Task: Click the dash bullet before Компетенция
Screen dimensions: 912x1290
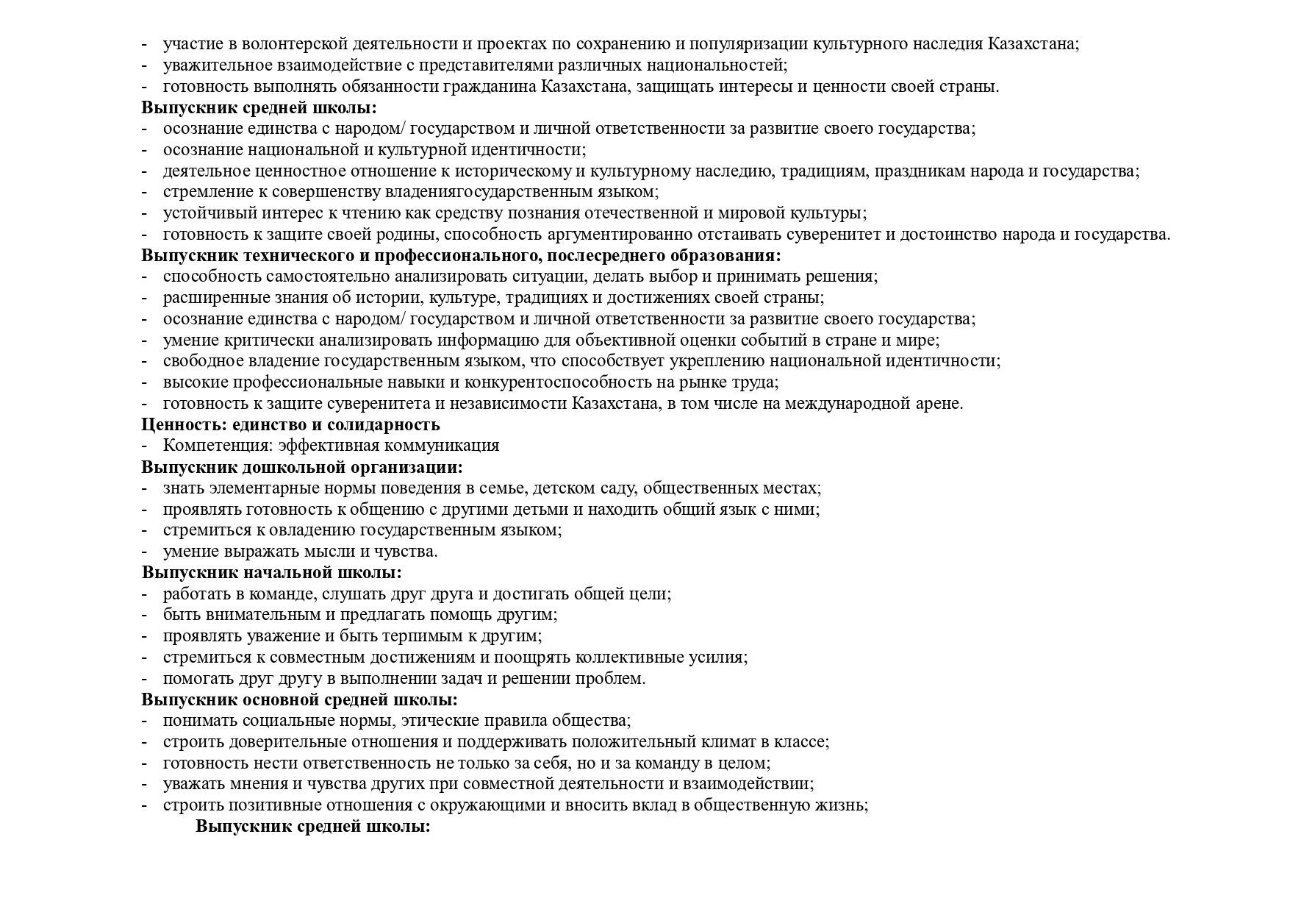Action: tap(145, 446)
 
